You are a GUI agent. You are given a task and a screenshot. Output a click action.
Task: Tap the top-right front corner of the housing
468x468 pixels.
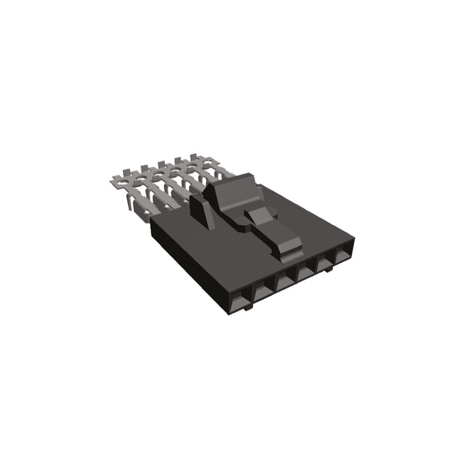tap(354, 240)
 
